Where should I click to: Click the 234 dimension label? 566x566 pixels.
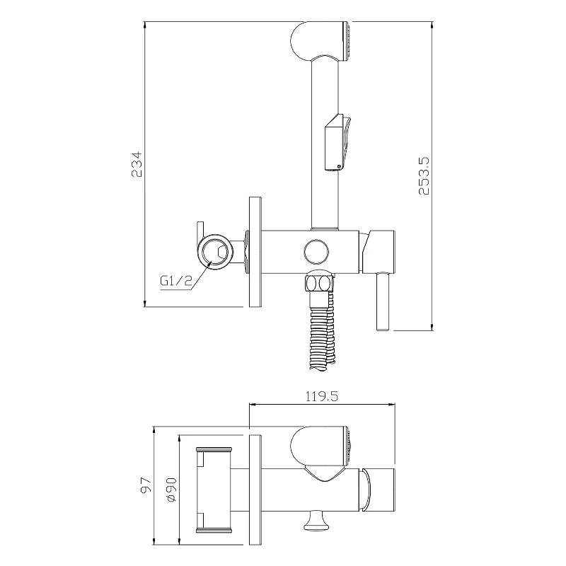tap(137, 164)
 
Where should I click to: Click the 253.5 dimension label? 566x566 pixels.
tap(424, 175)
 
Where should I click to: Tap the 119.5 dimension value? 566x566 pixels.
tap(322, 396)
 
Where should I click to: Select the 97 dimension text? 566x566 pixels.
tap(146, 485)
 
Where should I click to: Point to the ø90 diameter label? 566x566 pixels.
tap(171, 490)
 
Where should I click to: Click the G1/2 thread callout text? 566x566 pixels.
tap(176, 280)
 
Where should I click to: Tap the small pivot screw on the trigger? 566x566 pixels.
tap(339, 166)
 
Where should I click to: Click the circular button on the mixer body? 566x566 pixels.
tap(316, 252)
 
